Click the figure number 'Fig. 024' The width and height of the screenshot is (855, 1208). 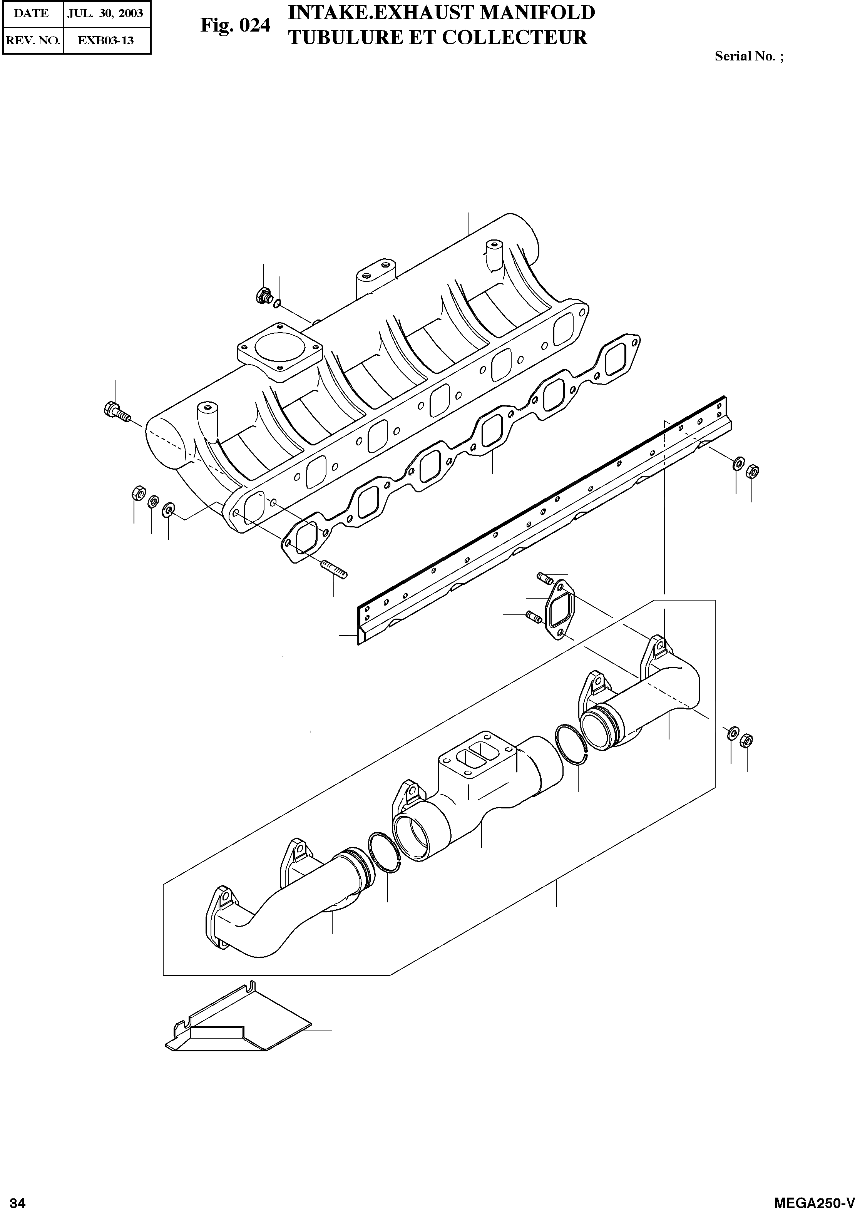point(235,26)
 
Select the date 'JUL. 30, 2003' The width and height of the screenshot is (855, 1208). point(105,13)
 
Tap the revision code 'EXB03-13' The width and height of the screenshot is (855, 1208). point(106,40)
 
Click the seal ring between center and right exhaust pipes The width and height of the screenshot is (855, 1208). point(572,745)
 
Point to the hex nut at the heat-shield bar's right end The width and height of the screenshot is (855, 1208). point(753,470)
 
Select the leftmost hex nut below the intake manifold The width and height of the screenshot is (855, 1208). point(138,494)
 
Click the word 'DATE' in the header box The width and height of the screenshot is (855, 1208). point(31,13)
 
